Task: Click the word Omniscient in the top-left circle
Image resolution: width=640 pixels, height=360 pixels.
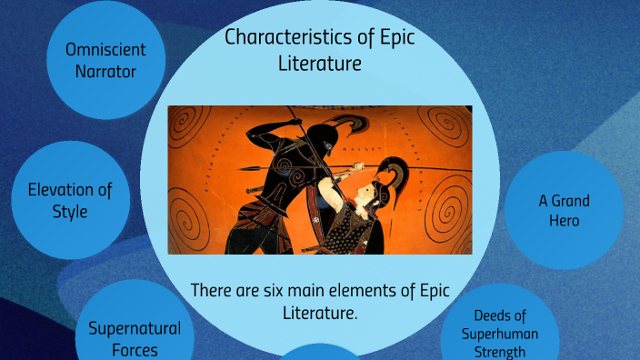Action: [105, 49]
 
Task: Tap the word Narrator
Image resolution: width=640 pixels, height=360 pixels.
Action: [105, 70]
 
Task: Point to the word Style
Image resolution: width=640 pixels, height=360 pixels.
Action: [70, 212]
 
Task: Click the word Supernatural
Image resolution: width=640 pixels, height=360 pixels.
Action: [135, 328]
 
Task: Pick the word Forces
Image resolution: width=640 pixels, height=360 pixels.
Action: [135, 350]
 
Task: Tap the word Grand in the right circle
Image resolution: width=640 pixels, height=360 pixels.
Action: [570, 200]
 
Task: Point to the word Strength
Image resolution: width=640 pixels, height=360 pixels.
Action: [500, 351]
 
